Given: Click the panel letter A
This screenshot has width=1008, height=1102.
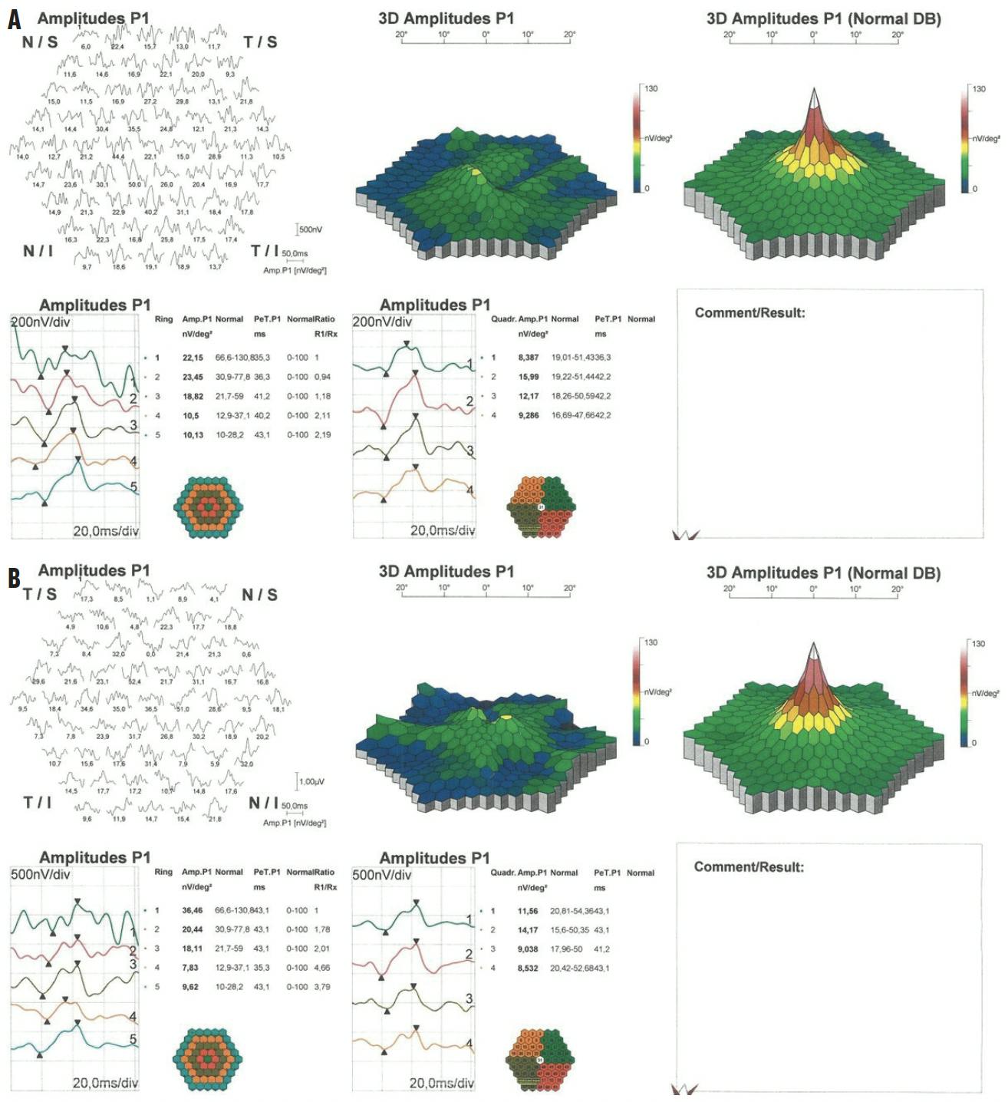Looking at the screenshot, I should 14,19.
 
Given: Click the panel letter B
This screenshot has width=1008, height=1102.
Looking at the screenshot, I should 14,577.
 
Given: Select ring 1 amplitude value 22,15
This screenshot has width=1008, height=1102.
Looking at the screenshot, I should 193,358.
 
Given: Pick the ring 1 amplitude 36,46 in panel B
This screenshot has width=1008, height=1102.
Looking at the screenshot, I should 193,910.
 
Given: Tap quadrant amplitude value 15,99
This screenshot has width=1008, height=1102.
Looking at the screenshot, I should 529,377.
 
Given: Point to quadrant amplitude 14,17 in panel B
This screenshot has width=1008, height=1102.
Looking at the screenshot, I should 528,929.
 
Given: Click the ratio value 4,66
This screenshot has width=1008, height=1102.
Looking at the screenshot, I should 322,968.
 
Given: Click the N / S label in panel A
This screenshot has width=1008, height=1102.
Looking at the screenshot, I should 40,42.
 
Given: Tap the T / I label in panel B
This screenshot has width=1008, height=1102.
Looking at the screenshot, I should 38,802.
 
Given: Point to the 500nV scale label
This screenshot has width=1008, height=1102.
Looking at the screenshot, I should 311,229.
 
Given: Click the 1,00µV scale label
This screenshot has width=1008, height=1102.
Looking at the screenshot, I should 311,781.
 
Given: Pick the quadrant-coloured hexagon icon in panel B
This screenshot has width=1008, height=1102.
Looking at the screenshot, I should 540,1060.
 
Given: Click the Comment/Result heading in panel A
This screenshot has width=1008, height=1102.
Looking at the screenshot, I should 749,313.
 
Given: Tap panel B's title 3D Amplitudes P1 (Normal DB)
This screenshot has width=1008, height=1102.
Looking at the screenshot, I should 823,573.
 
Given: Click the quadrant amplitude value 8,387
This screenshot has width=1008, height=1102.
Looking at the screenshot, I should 529,358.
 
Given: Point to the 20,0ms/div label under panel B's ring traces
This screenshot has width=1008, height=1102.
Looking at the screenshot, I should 105,1082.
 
